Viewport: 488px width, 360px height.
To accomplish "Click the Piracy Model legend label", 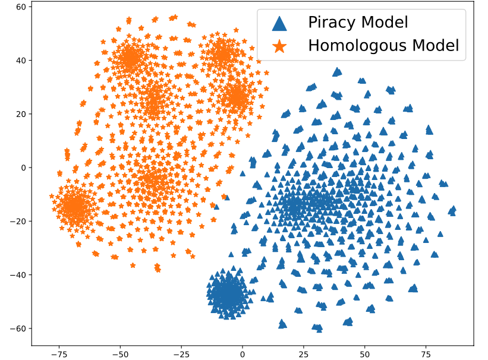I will (357, 23).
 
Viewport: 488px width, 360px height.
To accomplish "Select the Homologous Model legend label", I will (383, 45).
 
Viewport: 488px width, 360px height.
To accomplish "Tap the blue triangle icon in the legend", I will (279, 23).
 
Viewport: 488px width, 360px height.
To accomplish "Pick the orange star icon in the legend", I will (279, 45).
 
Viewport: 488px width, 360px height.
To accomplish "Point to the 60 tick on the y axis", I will (22, 7).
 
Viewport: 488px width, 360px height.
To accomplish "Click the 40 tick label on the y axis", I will (22, 61).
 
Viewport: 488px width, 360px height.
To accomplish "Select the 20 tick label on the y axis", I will (22, 114).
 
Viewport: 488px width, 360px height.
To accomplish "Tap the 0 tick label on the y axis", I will (24, 168).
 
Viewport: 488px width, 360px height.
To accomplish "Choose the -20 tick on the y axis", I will (20, 222).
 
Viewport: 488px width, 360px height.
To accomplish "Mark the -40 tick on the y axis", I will (20, 275).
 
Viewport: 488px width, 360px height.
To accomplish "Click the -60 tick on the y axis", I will (20, 329).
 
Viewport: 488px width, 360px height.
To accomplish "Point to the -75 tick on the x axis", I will (58, 353).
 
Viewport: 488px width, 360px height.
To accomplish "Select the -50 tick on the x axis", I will (119, 353).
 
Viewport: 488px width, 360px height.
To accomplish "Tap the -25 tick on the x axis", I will (181, 353).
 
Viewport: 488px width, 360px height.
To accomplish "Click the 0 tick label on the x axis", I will (243, 353).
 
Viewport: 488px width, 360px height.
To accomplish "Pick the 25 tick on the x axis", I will (304, 353).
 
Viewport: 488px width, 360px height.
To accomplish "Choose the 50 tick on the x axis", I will (364, 353).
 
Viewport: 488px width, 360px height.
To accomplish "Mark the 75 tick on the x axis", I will (426, 353).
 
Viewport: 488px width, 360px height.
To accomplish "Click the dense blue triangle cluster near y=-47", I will (228, 294).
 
